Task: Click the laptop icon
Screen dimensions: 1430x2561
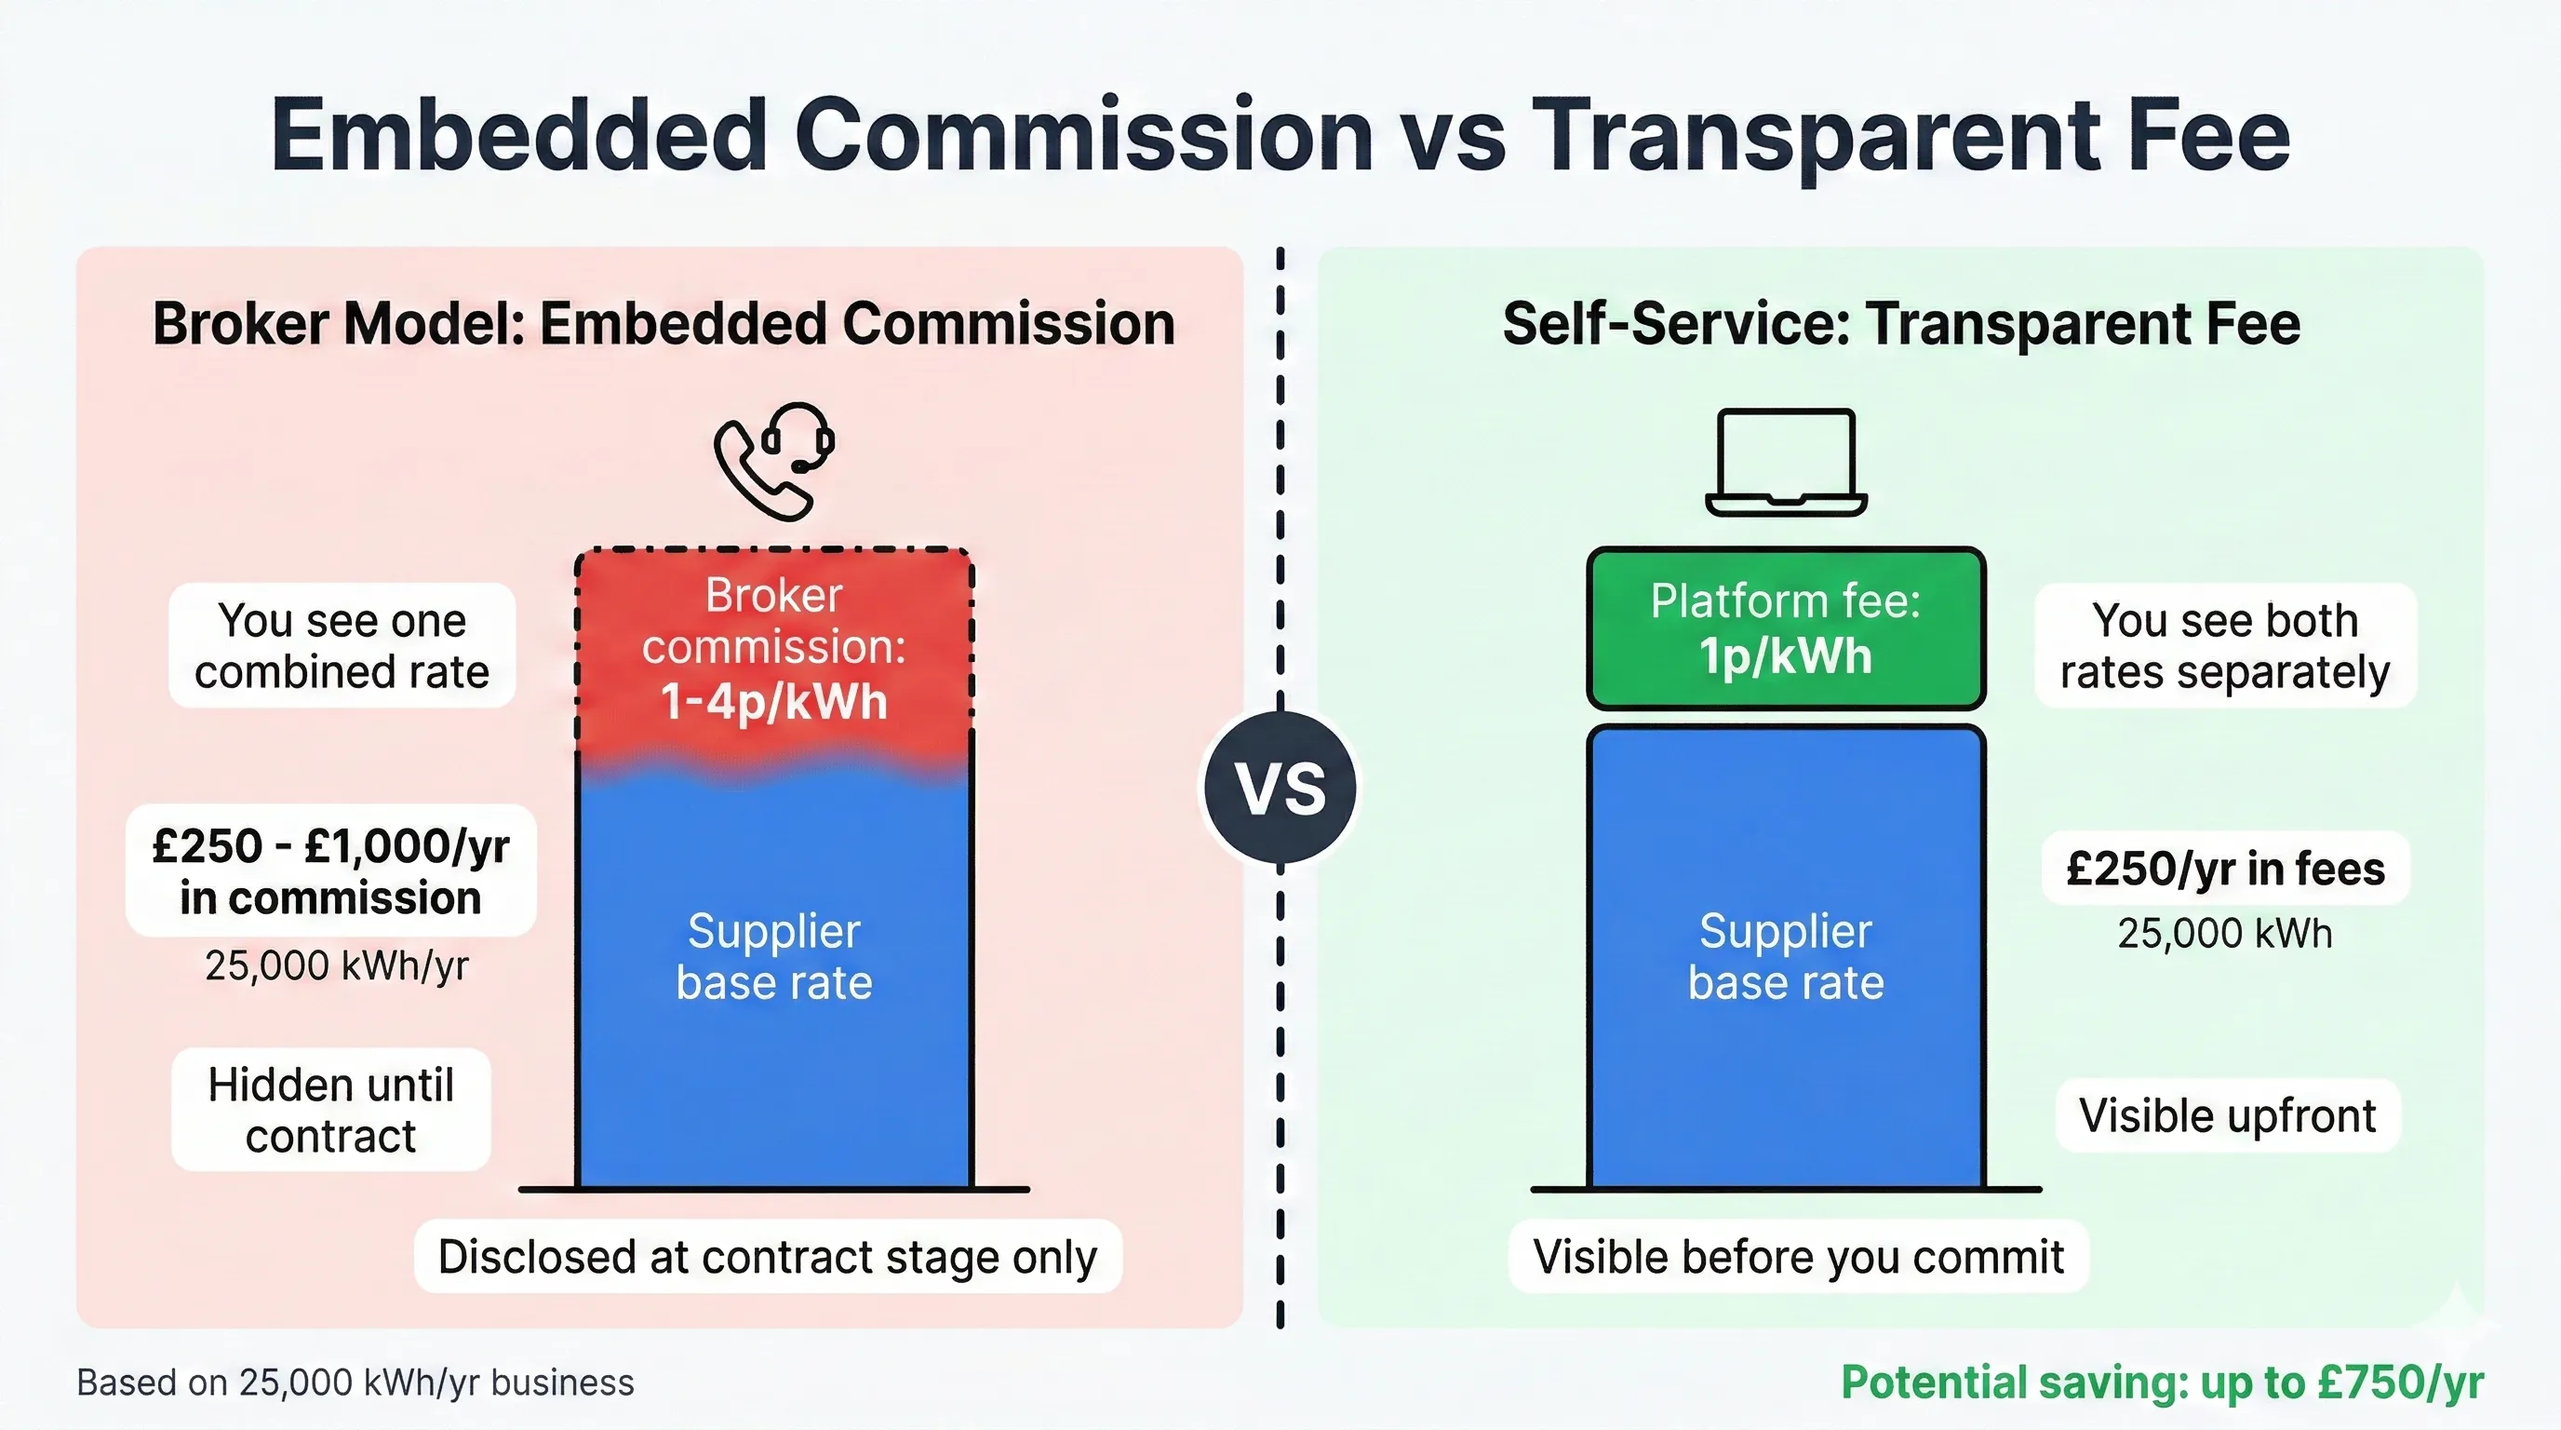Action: (x=1786, y=463)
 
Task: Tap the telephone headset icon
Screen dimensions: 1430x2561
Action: (x=774, y=461)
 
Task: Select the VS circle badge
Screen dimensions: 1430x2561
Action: (x=1280, y=787)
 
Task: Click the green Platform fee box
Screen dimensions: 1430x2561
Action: (x=1786, y=628)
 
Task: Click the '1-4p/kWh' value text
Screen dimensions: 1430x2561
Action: (x=773, y=702)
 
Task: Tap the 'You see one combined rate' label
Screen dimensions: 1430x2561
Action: (x=342, y=645)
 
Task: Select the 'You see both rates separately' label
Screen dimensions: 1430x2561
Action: (x=2225, y=645)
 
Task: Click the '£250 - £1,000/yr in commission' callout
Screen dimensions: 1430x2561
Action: (x=331, y=871)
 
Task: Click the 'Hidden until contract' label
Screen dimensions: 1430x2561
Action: (x=331, y=1110)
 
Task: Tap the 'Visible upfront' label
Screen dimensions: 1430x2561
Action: (x=2227, y=1115)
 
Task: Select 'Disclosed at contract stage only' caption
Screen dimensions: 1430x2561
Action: (x=768, y=1257)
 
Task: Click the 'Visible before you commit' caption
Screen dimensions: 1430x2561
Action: (x=1799, y=1257)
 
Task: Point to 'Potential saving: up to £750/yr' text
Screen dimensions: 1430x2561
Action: (x=2162, y=1383)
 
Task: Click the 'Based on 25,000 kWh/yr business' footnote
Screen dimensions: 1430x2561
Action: (x=355, y=1383)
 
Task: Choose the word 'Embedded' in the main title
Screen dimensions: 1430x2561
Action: (x=518, y=136)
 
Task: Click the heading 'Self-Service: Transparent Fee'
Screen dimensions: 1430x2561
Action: (x=1901, y=324)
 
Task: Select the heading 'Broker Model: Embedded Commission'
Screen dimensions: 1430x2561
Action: (x=664, y=324)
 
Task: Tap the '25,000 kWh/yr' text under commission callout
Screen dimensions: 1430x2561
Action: (x=336, y=965)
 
